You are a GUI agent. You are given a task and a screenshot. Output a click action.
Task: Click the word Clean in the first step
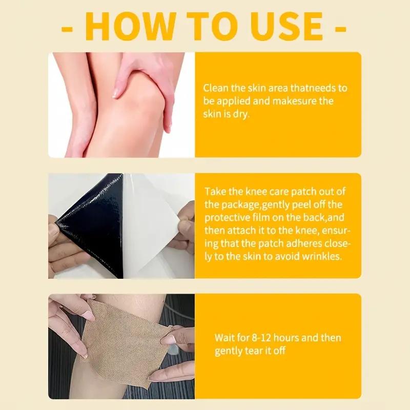[x=214, y=88]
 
